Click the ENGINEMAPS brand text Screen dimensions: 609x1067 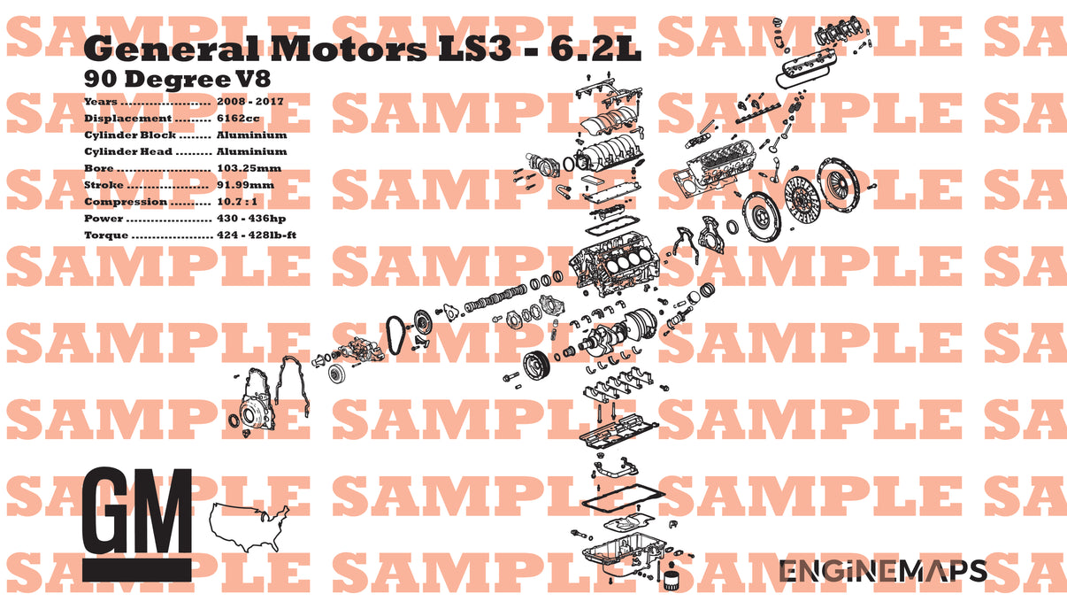882,572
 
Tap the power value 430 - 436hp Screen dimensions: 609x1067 251,219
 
